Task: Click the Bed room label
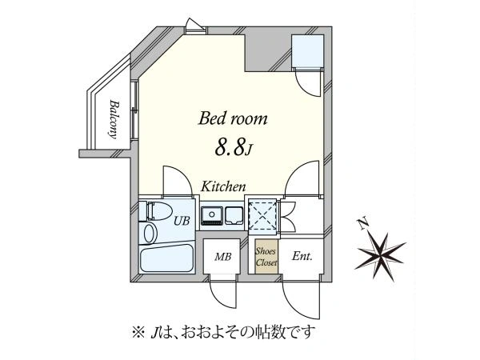(233, 118)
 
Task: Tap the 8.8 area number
(230, 147)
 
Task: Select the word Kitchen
(223, 186)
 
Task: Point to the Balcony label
(114, 119)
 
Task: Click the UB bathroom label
(182, 221)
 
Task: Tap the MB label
(222, 257)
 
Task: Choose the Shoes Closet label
(266, 257)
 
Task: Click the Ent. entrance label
(302, 256)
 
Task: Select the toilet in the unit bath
(155, 211)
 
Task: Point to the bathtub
(167, 258)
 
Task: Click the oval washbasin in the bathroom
(150, 234)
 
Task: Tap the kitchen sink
(211, 215)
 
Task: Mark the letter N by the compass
(363, 224)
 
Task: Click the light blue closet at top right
(308, 51)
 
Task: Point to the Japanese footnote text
(223, 332)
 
